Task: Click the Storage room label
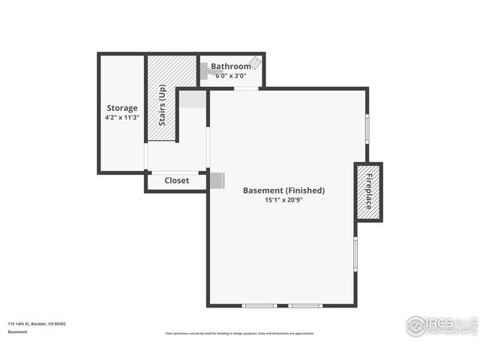point(121,108)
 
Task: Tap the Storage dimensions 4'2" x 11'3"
point(121,118)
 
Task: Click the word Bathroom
point(230,66)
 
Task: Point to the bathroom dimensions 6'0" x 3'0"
point(230,75)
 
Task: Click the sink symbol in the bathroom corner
point(255,63)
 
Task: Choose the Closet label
point(176,181)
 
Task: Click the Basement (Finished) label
point(283,190)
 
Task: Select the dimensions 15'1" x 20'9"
point(283,200)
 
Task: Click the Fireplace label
point(369,191)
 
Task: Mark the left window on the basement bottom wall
point(259,306)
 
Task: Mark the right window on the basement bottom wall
point(305,306)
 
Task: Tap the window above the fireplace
point(367,127)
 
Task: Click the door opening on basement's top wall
point(246,88)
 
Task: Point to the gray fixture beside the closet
point(217,181)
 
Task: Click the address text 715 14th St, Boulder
point(37,324)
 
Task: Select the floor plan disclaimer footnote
point(240,333)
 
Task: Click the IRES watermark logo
point(441,325)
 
